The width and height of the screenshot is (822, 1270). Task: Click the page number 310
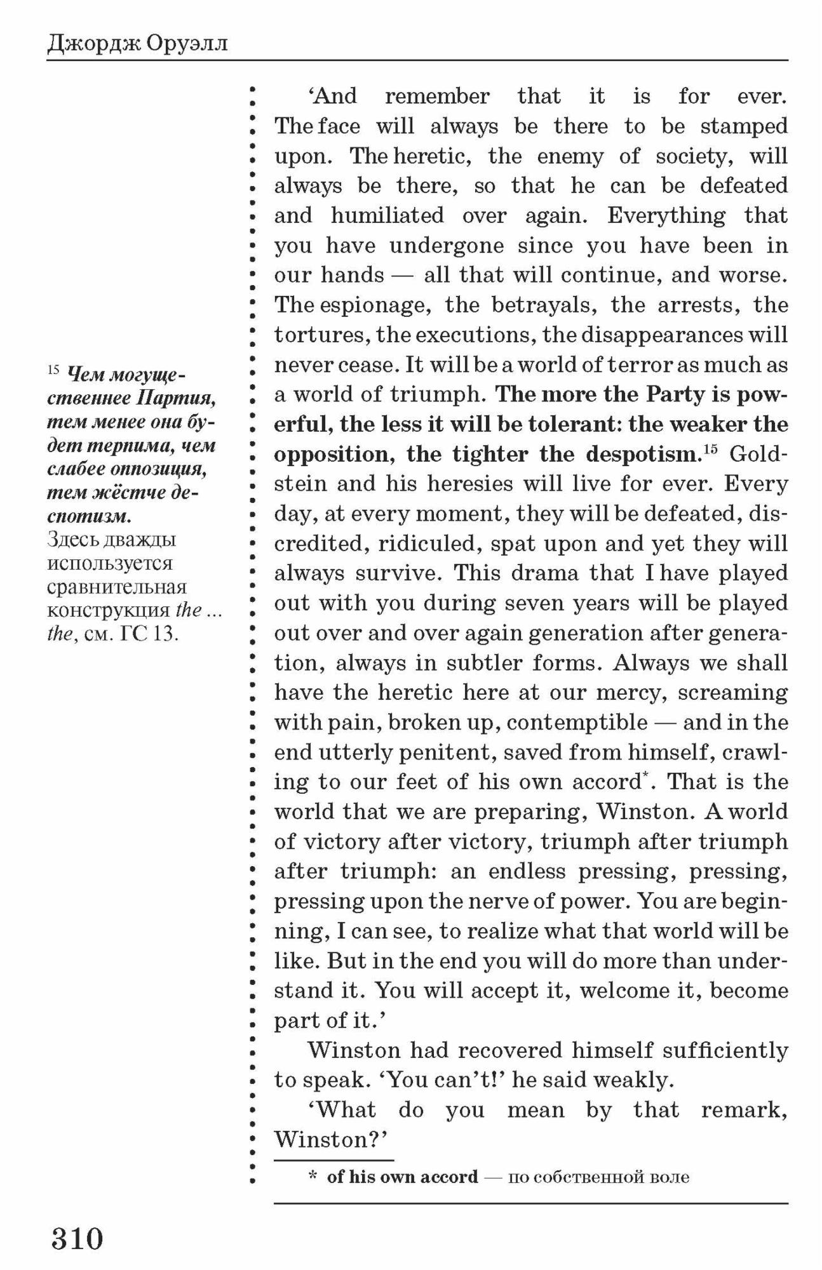pyautogui.click(x=77, y=1238)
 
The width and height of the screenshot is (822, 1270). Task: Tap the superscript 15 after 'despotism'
pyautogui.click(x=710, y=449)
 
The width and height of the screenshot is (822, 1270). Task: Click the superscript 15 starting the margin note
pyautogui.click(x=53, y=370)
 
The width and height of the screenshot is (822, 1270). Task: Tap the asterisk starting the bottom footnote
pyautogui.click(x=313, y=1177)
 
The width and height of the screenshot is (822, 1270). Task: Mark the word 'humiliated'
pyautogui.click(x=387, y=215)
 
